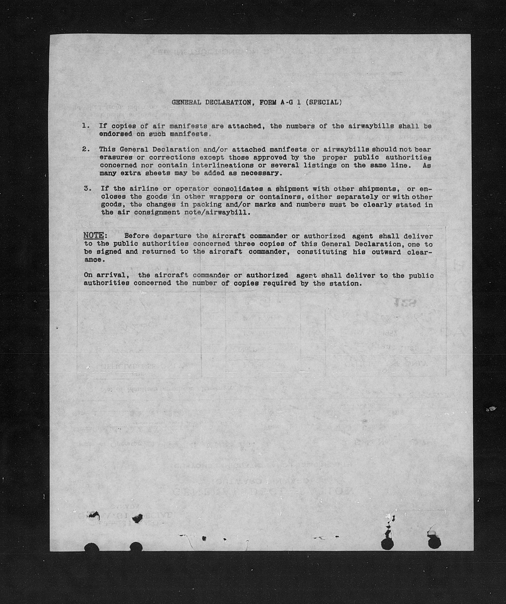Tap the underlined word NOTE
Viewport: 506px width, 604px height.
coord(93,236)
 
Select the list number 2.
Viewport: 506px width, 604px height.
coord(85,149)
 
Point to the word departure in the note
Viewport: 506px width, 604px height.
coord(172,236)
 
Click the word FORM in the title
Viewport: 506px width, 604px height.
coord(268,102)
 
